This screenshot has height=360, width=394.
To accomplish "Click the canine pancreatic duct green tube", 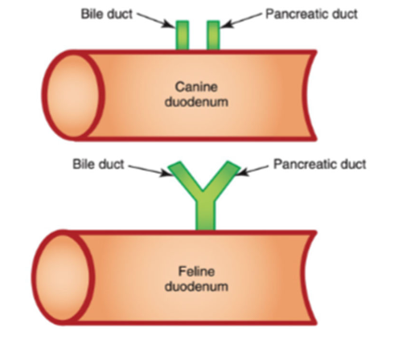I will coord(213,36).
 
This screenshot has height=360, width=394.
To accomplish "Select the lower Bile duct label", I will coord(98,165).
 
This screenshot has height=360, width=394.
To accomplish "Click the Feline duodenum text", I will coord(197,279).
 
